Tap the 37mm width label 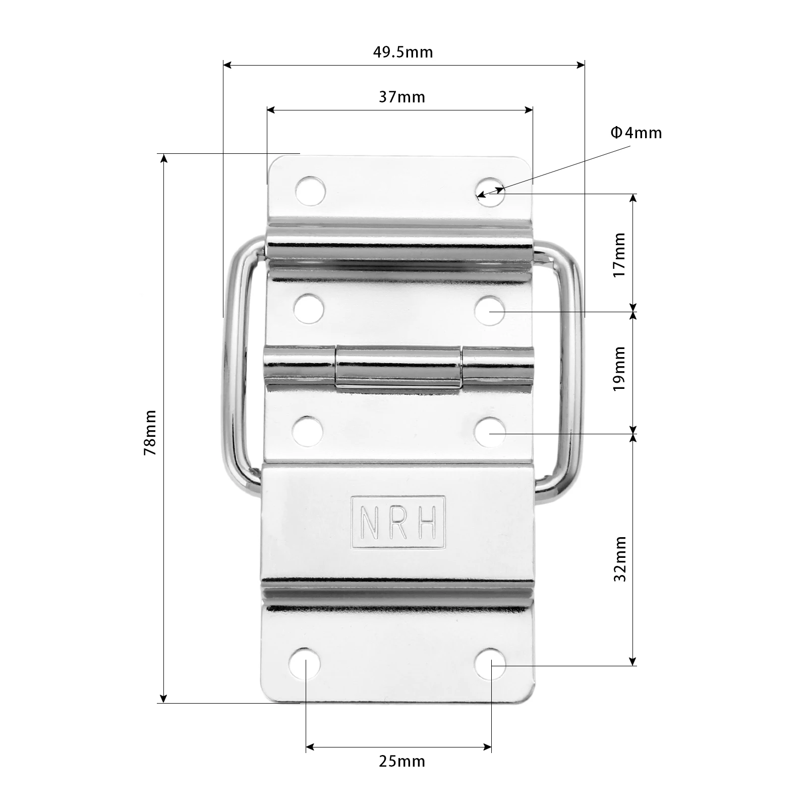[x=402, y=97]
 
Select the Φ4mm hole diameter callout [x=636, y=133]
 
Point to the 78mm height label [x=150, y=433]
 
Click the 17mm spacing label [x=619, y=254]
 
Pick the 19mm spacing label [x=619, y=368]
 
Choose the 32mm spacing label [x=620, y=559]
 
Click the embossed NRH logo [x=398, y=522]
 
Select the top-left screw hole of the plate [x=310, y=191]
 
